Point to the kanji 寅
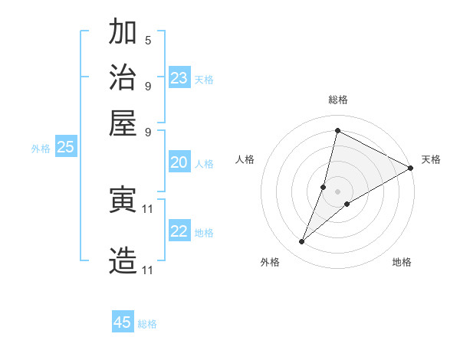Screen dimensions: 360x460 [123, 200]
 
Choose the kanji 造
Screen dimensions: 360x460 [123, 260]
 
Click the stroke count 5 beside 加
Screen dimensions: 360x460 [148, 41]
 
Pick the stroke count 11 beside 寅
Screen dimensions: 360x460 [148, 208]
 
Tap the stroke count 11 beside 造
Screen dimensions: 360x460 [148, 270]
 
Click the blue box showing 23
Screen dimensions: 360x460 [179, 78]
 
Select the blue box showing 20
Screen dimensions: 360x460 [179, 162]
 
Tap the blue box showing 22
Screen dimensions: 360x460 [179, 231]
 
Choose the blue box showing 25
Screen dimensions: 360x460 [66, 148]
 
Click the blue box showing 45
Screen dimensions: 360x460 [123, 322]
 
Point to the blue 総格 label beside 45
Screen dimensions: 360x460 [147, 324]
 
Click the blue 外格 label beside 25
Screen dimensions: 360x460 [41, 149]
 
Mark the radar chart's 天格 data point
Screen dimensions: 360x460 [411, 169]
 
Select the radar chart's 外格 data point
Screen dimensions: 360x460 [302, 242]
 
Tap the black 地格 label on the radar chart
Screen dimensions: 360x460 [402, 263]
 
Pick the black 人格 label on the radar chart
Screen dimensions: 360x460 [245, 159]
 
